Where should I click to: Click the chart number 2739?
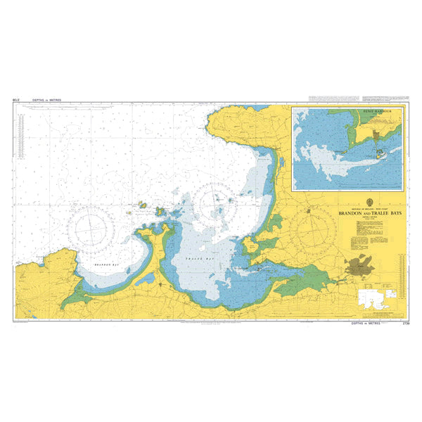point(404,324)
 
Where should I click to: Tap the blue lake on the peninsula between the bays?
point(147,279)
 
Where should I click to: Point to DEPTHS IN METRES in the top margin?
point(46,100)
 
